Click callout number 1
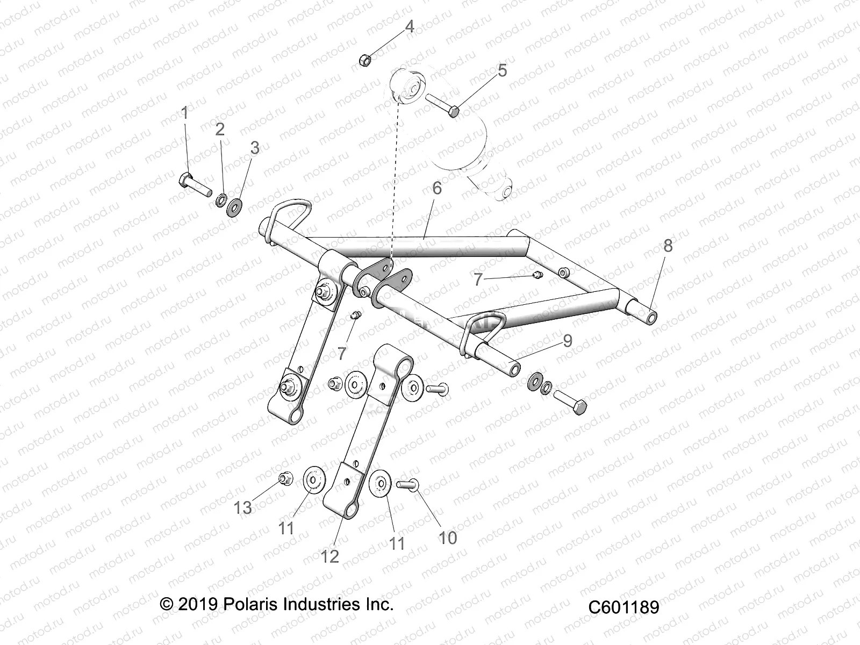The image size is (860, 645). pos(185,113)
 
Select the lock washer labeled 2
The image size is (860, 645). pos(220,201)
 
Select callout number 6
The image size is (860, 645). pos(436,188)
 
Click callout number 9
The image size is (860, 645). pos(568,341)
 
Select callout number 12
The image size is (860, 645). pos(330,556)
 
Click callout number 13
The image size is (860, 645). pos(243,507)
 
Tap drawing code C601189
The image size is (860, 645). pos(623,607)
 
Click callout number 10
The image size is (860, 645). pos(447,537)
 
